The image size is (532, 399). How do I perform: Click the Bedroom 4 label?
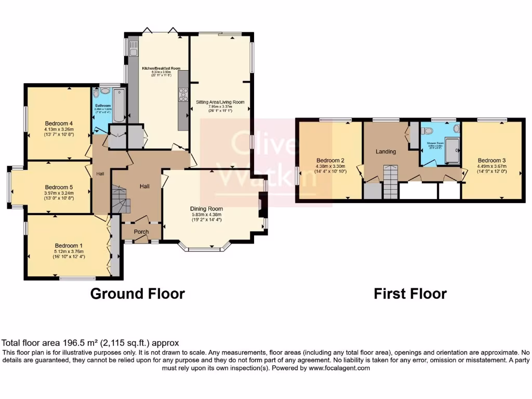click(58, 123)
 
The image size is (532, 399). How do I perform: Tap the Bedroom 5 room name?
click(58, 187)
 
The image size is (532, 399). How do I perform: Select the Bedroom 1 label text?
click(68, 246)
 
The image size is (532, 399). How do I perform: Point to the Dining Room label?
click(206, 208)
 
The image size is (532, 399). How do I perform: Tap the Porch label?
click(141, 232)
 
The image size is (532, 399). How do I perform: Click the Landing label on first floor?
click(385, 152)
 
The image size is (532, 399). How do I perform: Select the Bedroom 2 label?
click(330, 160)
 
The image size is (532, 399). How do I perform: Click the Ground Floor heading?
click(137, 294)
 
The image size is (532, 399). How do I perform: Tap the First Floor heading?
click(410, 294)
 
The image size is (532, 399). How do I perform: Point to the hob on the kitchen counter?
click(183, 96)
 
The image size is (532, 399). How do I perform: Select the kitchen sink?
click(134, 50)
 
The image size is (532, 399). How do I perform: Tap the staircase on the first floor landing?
click(390, 182)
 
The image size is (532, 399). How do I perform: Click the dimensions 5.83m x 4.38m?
click(206, 215)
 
